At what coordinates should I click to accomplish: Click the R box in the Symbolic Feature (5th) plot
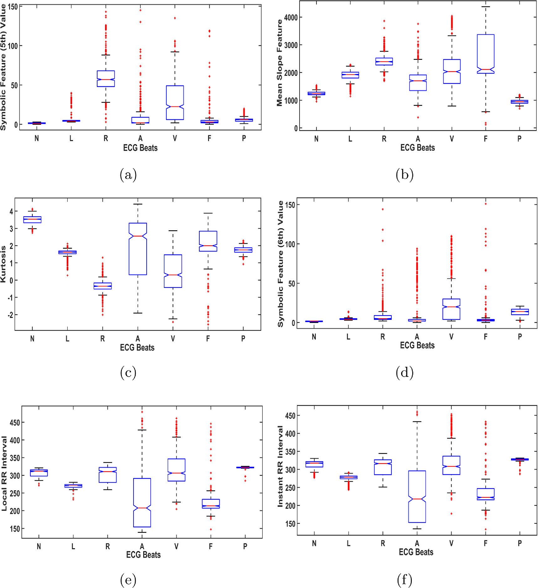coord(106,78)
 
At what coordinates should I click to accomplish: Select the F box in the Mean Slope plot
coord(485,54)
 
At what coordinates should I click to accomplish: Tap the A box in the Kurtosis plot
coord(138,249)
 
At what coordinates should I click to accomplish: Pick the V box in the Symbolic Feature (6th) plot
coord(451,309)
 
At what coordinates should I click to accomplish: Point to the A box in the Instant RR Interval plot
coord(417,496)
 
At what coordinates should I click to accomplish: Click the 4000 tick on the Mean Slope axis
coord(291,18)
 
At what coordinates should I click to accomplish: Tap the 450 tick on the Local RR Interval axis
coord(15,423)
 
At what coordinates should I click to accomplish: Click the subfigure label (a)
coord(128,174)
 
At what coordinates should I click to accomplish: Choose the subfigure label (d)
coord(405,372)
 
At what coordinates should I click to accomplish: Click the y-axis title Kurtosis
coord(3,264)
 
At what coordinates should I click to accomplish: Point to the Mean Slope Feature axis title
coord(279,63)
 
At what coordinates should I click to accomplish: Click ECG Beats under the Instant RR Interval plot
coord(416,552)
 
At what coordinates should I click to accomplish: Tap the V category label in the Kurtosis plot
coord(173,339)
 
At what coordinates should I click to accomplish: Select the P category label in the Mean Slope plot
coord(519,139)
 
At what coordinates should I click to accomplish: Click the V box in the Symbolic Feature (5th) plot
coord(175,102)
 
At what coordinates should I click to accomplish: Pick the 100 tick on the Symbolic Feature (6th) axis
coord(290,244)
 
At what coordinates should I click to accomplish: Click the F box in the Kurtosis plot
coord(208,241)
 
